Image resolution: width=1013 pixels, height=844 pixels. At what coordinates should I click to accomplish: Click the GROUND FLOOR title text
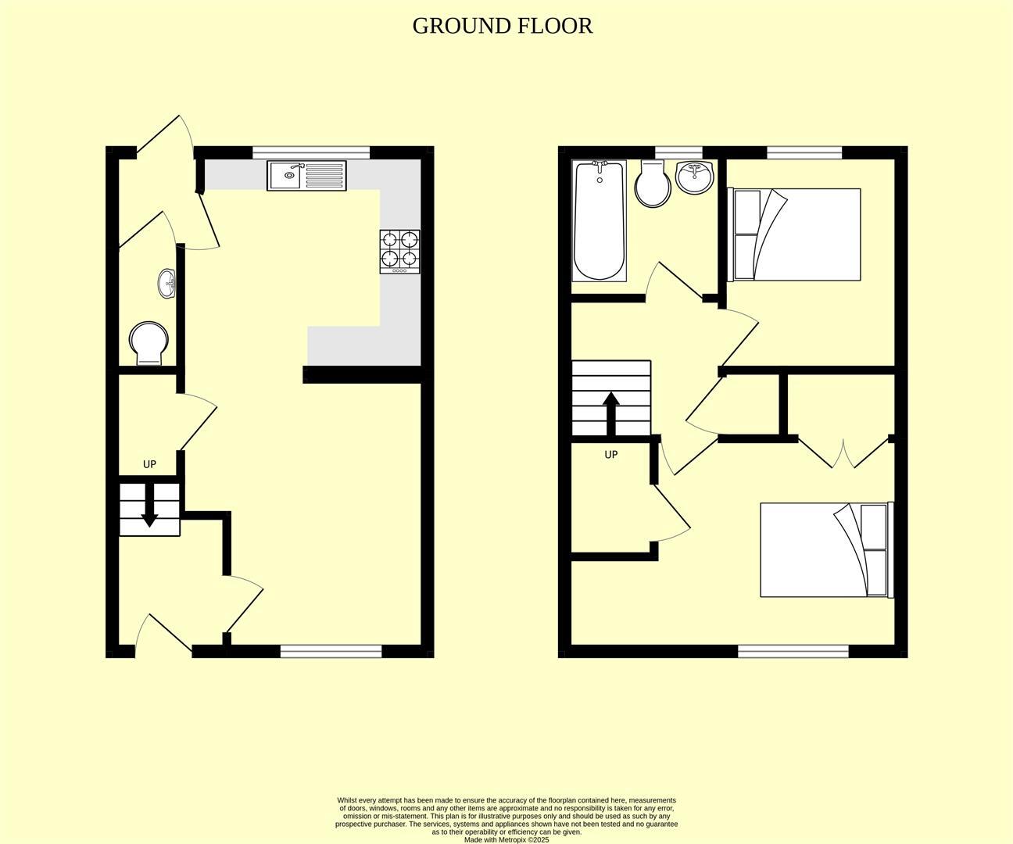tap(502, 26)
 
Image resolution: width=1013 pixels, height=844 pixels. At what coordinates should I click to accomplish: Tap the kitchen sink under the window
tap(306, 175)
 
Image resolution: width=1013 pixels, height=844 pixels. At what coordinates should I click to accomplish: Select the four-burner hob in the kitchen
tap(399, 251)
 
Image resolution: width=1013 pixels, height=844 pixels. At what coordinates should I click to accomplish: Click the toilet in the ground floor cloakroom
tap(149, 343)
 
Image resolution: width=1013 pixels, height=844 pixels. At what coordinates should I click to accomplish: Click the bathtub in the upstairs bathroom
tap(600, 221)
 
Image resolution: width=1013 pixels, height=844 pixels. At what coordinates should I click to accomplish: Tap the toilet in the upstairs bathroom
tap(652, 184)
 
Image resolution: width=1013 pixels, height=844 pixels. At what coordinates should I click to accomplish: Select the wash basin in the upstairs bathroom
tap(694, 177)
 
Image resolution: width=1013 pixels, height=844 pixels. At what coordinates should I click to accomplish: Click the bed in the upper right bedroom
tap(795, 234)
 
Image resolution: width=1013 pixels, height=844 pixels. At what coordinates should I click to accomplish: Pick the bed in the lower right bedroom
tap(825, 549)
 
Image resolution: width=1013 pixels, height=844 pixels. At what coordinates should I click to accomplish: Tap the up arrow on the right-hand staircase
tap(611, 413)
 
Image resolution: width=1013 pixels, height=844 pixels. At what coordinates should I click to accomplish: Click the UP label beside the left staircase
tap(149, 464)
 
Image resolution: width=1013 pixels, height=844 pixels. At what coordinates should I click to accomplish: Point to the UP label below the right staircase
tap(611, 454)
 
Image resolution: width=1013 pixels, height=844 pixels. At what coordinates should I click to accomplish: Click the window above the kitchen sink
tap(310, 152)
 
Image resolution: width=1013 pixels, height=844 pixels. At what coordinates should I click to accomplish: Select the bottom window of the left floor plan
tap(331, 651)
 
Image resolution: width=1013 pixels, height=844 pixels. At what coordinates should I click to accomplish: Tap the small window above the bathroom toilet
tap(678, 152)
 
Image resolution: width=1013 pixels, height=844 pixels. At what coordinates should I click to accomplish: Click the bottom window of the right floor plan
tap(793, 651)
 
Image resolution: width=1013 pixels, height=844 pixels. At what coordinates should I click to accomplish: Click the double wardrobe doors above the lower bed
tap(843, 454)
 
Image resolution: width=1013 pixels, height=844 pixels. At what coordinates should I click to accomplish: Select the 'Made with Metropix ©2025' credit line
tap(506, 840)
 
